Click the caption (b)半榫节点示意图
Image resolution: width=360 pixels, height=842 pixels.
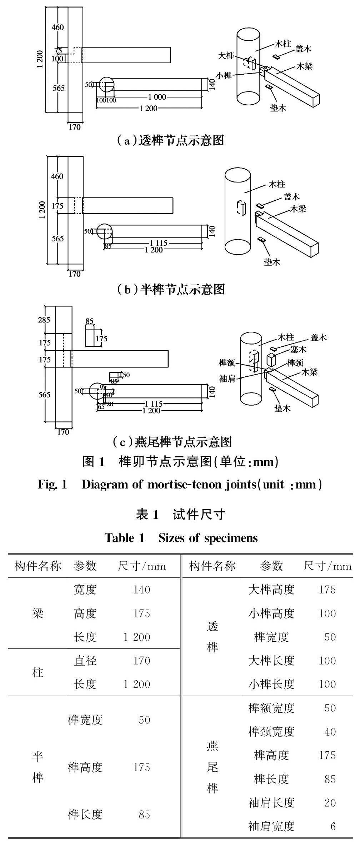171,289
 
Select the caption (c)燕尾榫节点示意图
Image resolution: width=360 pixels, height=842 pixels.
172,442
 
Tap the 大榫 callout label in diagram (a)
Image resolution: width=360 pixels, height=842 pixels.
226,55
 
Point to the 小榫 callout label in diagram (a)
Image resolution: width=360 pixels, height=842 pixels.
224,75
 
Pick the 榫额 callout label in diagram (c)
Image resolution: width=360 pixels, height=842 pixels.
227,363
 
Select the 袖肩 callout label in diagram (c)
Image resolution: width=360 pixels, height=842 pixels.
227,379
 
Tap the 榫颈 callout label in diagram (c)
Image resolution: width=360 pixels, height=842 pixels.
295,363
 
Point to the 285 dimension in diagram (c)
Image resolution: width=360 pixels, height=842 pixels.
44,320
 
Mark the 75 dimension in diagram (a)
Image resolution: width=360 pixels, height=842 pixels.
58,51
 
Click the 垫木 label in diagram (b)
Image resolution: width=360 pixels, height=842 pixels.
272,262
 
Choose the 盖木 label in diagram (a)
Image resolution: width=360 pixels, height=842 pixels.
303,49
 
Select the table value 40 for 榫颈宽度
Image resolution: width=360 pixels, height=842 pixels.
330,732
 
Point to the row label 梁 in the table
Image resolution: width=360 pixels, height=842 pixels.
38,613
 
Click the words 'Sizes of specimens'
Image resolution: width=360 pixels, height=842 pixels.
208,538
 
